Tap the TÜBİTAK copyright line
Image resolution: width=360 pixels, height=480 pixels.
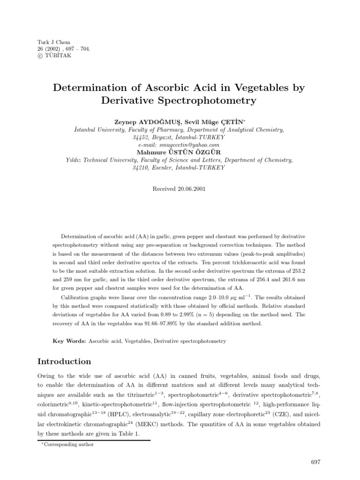pos(49,55)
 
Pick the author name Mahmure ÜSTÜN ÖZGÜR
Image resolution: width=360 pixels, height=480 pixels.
pos(180,152)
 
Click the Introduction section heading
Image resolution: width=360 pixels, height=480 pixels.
pos(64,361)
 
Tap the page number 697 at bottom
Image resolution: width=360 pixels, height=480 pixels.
pos(315,462)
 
